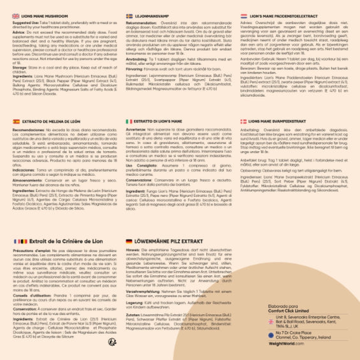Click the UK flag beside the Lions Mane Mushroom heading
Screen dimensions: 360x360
16,15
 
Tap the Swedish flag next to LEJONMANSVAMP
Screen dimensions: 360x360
129,15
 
